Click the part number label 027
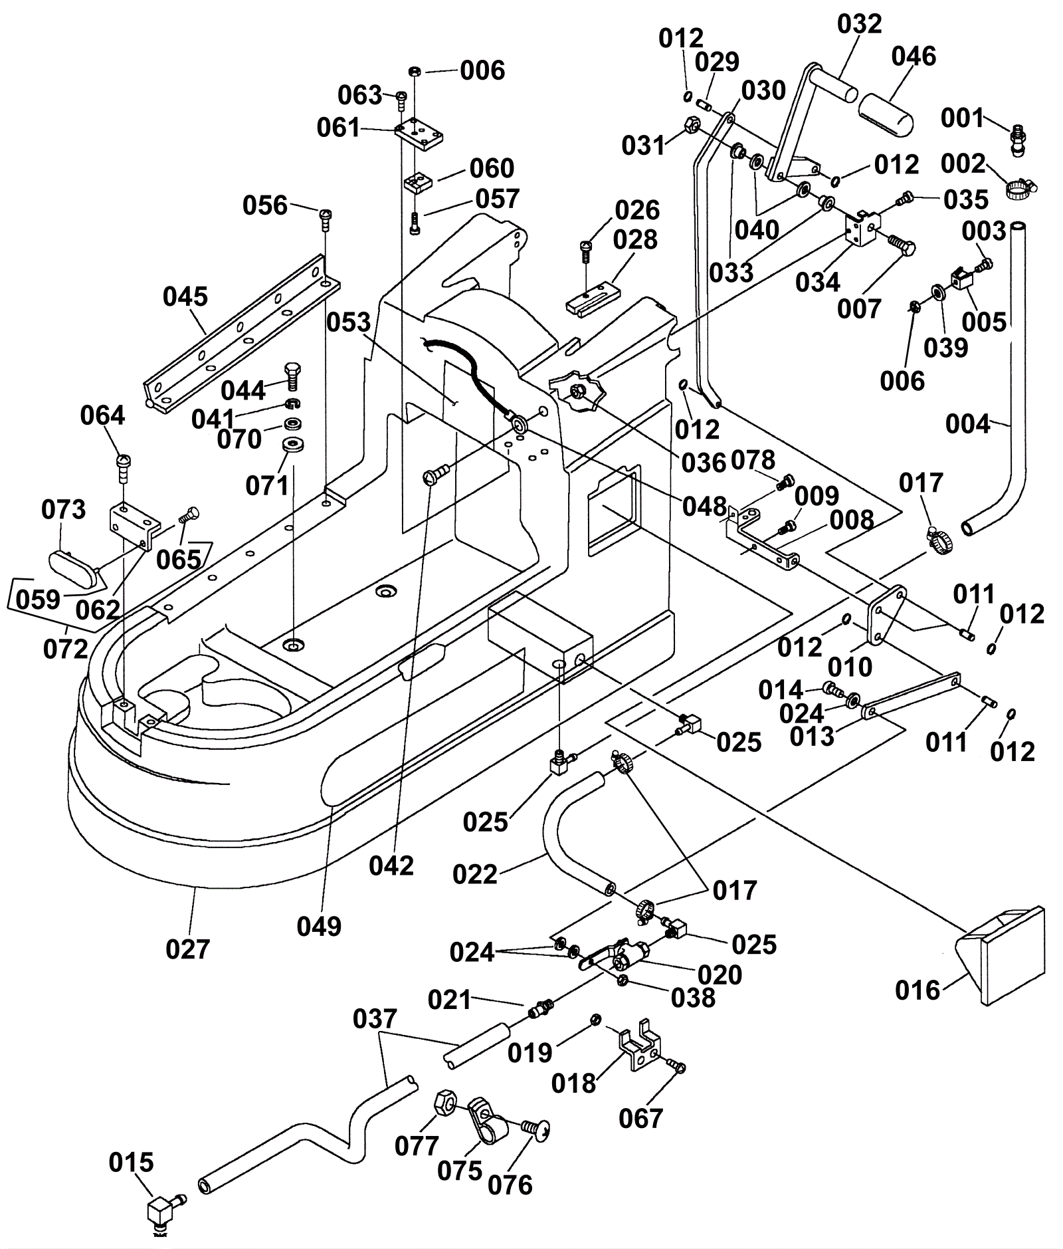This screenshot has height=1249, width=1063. (x=187, y=949)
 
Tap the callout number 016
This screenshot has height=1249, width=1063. (x=918, y=990)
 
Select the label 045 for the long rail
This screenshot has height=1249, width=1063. (x=185, y=296)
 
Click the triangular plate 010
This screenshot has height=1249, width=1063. (x=886, y=612)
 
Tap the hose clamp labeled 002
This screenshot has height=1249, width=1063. (x=1018, y=189)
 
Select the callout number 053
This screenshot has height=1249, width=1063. (x=348, y=322)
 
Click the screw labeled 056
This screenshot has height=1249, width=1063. (x=326, y=217)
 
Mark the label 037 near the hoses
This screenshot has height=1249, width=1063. (x=375, y=1018)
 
